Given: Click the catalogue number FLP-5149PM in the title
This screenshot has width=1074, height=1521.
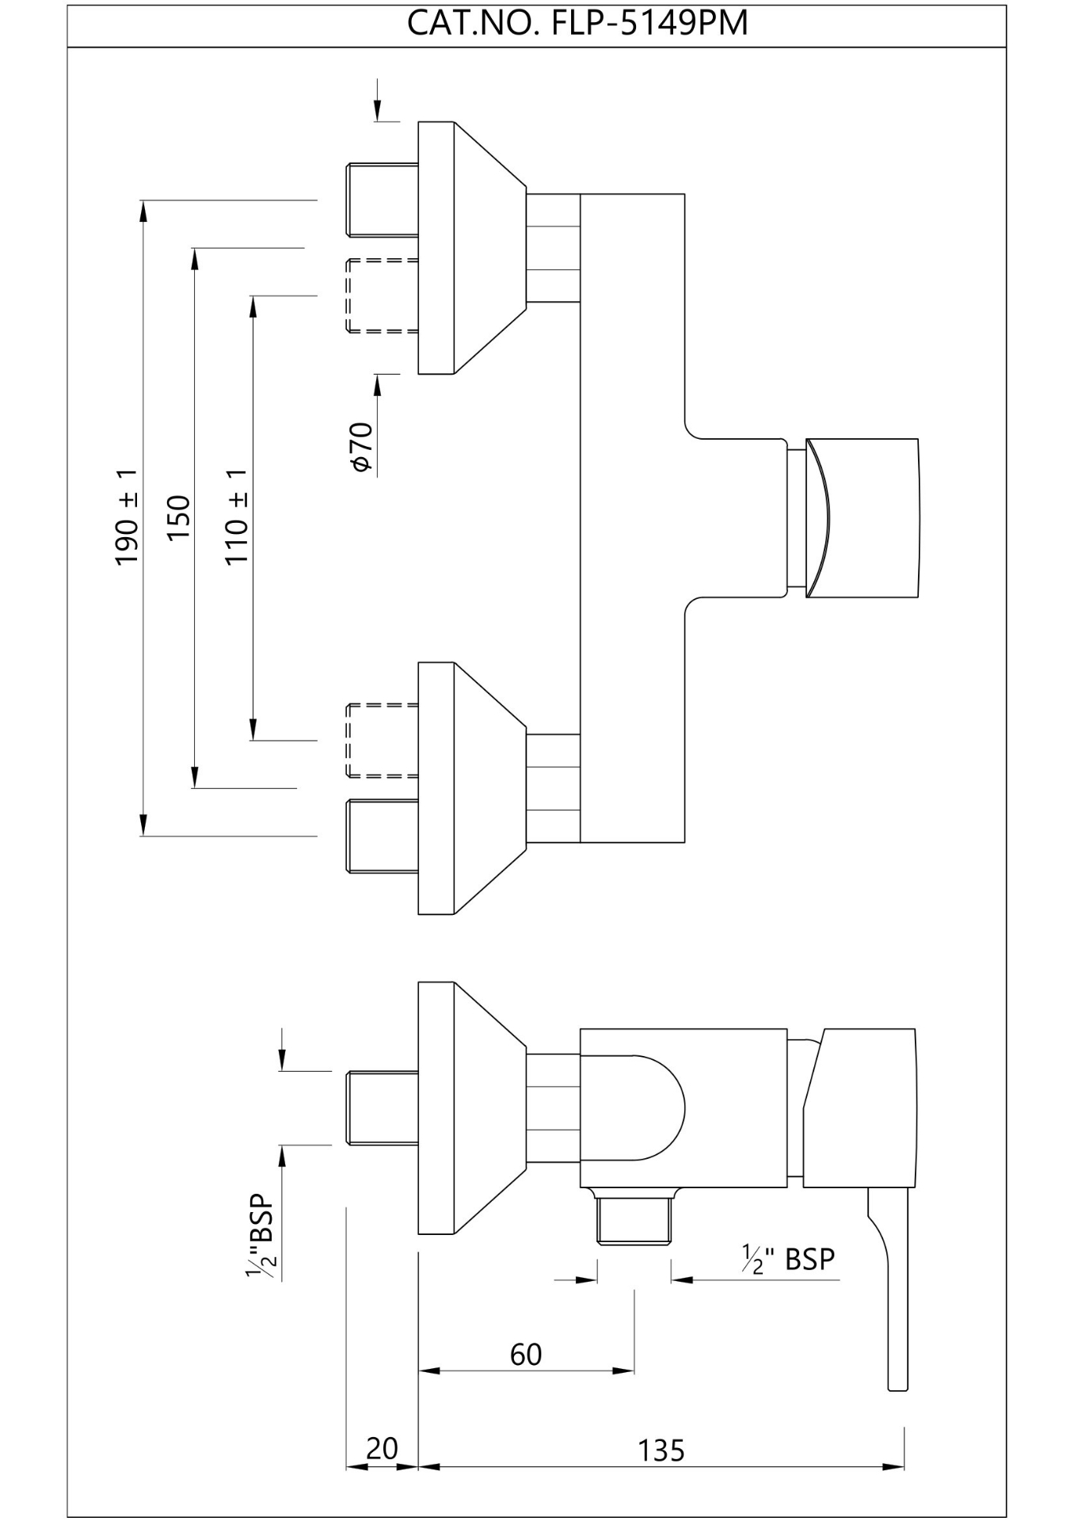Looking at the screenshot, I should pos(649,24).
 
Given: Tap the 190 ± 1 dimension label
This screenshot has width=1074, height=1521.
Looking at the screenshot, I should pos(128,517).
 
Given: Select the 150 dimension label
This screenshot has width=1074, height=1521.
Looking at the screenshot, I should pos(179,517).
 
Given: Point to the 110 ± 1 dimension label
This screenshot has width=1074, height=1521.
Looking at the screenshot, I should pos(237,517).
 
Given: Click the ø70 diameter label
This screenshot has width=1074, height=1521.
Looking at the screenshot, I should pos(361,448).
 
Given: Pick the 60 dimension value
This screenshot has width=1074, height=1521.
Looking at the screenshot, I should pos(526,1355).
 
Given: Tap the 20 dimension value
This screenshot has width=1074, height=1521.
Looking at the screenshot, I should pos(382,1449).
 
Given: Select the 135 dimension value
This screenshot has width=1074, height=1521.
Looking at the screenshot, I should pos(661,1450).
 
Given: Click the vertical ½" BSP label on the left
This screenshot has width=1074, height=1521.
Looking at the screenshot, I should pos(261,1237).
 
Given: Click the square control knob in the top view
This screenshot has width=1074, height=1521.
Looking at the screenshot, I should pos(862,517).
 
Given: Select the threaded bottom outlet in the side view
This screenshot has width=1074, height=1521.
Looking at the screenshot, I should pos(634,1221).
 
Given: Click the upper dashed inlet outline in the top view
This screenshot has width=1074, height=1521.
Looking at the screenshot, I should pos(382,295).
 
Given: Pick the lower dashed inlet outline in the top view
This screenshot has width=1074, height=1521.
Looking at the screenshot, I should pos(382,740).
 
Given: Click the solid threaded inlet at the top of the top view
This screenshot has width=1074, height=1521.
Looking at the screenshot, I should pos(382,200).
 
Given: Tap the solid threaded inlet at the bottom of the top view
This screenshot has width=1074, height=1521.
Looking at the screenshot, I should pos(382,837).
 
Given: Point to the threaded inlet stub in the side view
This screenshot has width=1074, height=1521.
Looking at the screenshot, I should pos(382,1107).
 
